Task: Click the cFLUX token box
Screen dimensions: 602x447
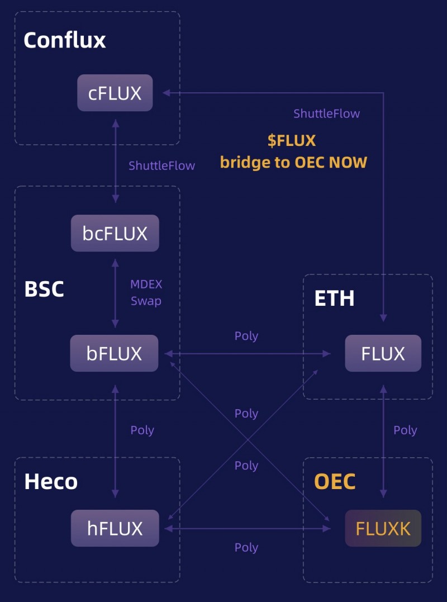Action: tap(115, 93)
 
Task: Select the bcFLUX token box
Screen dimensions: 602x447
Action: tap(115, 233)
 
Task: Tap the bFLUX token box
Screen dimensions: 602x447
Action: tap(114, 353)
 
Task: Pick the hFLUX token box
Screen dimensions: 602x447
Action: tap(115, 528)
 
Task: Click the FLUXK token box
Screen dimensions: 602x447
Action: tap(383, 528)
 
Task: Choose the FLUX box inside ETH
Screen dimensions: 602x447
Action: tap(383, 353)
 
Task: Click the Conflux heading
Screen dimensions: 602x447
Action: tap(65, 40)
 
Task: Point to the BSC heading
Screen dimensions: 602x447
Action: tap(44, 289)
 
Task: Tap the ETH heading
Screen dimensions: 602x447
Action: tap(334, 298)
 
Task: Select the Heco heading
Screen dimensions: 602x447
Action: tap(51, 481)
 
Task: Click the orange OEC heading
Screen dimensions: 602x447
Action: tap(335, 481)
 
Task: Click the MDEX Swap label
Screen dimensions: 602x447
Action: tap(146, 292)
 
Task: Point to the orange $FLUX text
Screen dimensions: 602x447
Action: tap(291, 140)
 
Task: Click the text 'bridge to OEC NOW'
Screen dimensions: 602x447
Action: tap(293, 163)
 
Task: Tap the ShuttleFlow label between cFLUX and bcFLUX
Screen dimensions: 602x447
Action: tap(161, 165)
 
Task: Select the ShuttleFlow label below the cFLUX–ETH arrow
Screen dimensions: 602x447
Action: tap(326, 113)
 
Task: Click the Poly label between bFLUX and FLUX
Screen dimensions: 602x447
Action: tap(246, 336)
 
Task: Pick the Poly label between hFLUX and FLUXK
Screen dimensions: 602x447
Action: tap(246, 547)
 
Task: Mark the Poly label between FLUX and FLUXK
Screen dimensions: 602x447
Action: tap(405, 430)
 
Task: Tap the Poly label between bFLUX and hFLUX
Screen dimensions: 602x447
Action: tap(142, 430)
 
